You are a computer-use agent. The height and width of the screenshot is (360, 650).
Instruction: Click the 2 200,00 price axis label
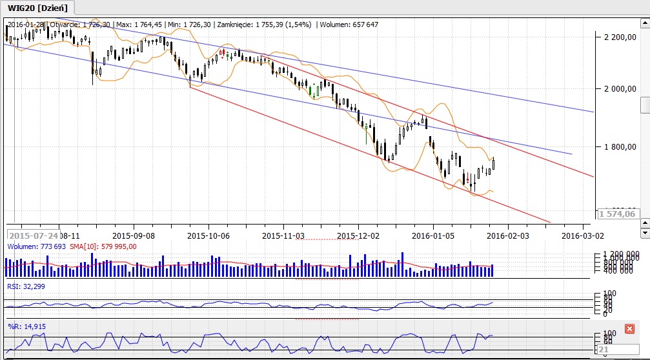[x=619, y=37]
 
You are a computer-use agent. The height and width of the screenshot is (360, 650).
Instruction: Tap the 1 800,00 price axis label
[x=619, y=147]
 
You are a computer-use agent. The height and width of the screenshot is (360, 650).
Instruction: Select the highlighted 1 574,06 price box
[x=617, y=214]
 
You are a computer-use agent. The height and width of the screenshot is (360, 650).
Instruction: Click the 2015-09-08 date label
[x=133, y=235]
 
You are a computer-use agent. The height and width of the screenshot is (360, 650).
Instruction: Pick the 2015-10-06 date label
[x=208, y=235]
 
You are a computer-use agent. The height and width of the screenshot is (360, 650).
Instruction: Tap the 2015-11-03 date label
[x=284, y=235]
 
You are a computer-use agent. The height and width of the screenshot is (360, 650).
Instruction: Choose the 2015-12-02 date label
[x=359, y=235]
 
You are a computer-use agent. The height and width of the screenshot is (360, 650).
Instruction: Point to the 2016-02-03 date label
[x=509, y=235]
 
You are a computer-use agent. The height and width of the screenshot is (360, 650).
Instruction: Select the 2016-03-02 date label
[x=583, y=235]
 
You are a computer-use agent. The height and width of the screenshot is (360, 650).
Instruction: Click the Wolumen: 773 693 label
[x=32, y=246]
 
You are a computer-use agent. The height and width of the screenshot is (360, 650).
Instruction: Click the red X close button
[x=630, y=329]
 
